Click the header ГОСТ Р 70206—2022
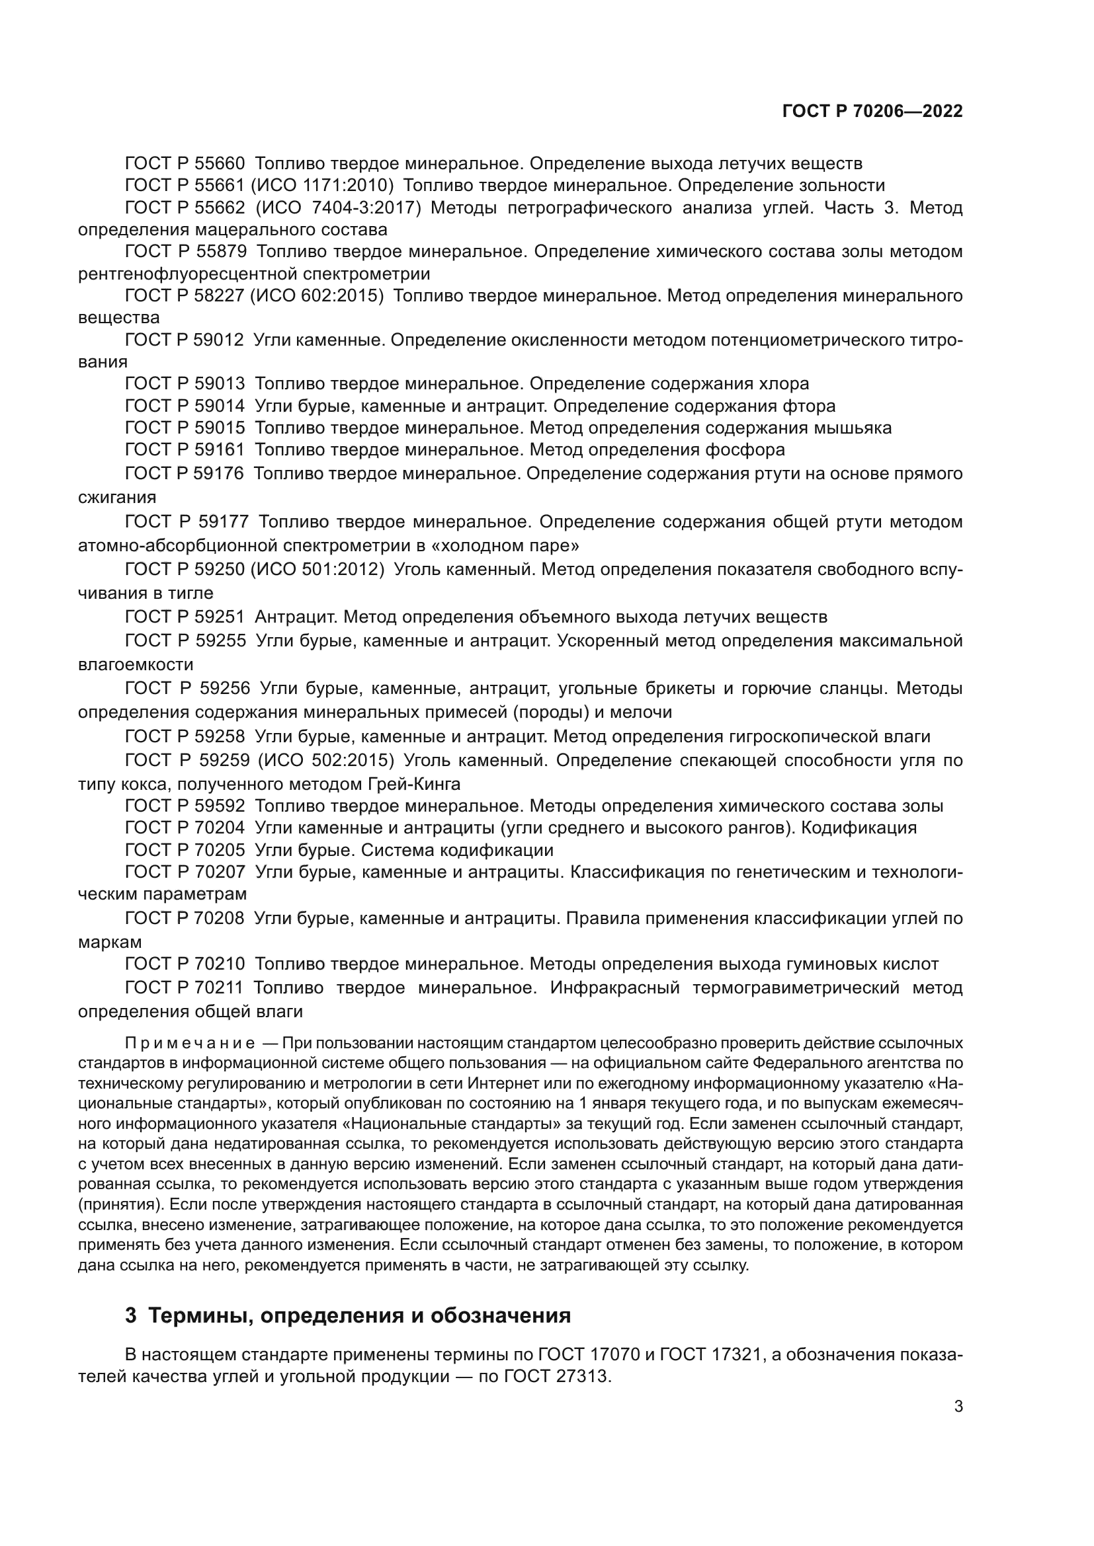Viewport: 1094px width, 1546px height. click(x=872, y=112)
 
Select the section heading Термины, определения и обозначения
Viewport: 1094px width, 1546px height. click(x=348, y=1315)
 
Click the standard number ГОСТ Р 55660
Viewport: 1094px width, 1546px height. click(x=185, y=163)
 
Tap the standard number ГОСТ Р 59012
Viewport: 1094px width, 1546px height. click(x=185, y=340)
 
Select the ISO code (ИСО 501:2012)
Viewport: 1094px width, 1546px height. click(x=317, y=570)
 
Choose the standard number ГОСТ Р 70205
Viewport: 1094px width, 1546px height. click(x=185, y=850)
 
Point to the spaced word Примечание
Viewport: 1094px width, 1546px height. click(x=189, y=1044)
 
